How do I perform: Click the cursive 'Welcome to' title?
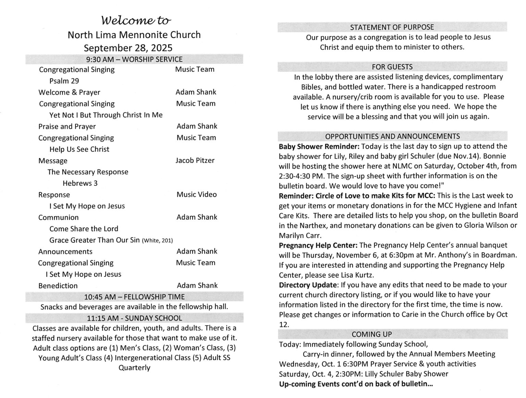(136, 21)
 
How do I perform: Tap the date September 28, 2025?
(128, 48)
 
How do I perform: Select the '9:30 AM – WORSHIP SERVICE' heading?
(134, 59)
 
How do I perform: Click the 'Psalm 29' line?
(64, 81)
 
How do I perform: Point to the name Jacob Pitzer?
(195, 160)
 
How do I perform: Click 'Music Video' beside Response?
(197, 194)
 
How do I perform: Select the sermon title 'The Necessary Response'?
(88, 172)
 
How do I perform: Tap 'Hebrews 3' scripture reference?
(80, 183)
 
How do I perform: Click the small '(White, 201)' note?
(157, 241)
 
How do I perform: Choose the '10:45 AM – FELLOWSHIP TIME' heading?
(134, 297)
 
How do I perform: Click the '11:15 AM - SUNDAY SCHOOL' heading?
(134, 318)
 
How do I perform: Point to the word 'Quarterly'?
(134, 367)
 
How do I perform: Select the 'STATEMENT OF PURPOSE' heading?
(392, 27)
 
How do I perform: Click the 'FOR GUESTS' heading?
(392, 67)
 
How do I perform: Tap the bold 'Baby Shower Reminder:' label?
(319, 146)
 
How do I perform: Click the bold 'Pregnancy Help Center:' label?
(318, 245)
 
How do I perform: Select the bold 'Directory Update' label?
(308, 285)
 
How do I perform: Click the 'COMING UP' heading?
(372, 334)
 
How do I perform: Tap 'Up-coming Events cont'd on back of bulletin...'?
(356, 384)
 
